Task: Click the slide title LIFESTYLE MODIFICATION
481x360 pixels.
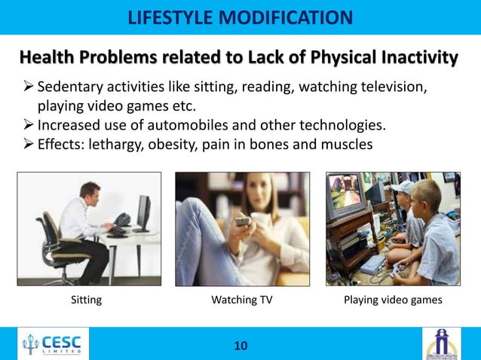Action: pyautogui.click(x=240, y=17)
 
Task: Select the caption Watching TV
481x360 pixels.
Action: pyautogui.click(x=242, y=301)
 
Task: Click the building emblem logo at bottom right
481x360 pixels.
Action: pyautogui.click(x=441, y=343)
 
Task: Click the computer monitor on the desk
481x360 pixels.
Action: pyautogui.click(x=142, y=212)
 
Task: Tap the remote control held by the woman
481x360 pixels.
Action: pyautogui.click(x=242, y=222)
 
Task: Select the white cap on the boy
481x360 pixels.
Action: pyautogui.click(x=402, y=187)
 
